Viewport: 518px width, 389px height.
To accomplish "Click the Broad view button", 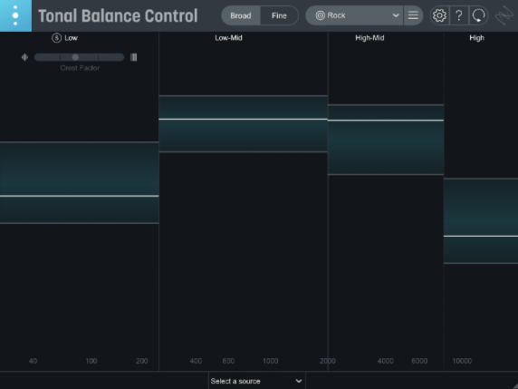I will pyautogui.click(x=240, y=15).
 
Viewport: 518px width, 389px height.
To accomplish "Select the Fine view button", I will pyautogui.click(x=279, y=15).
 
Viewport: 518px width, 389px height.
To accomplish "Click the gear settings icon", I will pyautogui.click(x=439, y=15).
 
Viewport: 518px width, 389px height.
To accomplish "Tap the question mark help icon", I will pyautogui.click(x=459, y=15).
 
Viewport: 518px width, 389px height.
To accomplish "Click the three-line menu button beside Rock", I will pyautogui.click(x=413, y=15).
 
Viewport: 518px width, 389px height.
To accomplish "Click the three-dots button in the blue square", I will pyautogui.click(x=15, y=15).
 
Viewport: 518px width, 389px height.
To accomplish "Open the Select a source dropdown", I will pyautogui.click(x=256, y=381).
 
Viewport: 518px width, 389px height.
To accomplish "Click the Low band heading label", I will pyautogui.click(x=71, y=38).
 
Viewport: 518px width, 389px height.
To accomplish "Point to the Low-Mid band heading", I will pyautogui.click(x=228, y=38).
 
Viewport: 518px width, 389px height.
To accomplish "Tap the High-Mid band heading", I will pyautogui.click(x=369, y=38).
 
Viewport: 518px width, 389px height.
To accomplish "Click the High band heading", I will pyautogui.click(x=476, y=38).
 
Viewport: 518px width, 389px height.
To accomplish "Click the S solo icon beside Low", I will pyautogui.click(x=56, y=38).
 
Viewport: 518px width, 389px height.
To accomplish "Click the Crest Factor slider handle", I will pyautogui.click(x=75, y=57).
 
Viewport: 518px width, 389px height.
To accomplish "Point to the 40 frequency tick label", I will pyautogui.click(x=33, y=361).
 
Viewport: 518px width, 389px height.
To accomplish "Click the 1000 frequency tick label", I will pyautogui.click(x=270, y=361).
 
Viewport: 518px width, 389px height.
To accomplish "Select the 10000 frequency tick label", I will pyautogui.click(x=462, y=361).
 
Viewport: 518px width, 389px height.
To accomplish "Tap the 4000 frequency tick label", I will pyautogui.click(x=386, y=361).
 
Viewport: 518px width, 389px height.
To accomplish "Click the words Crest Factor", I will pyautogui.click(x=80, y=68).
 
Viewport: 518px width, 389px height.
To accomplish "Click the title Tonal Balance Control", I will pyautogui.click(x=118, y=15).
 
